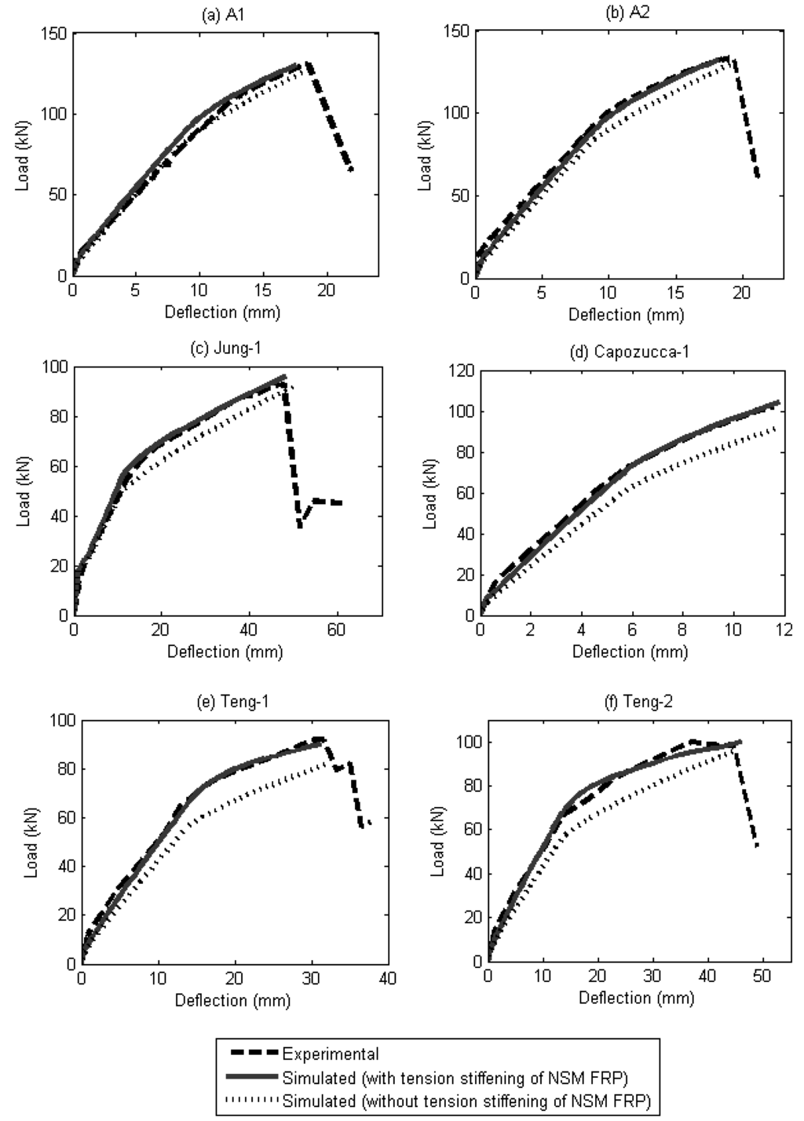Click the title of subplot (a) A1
[x=223, y=16]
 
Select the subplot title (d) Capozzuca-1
[x=629, y=352]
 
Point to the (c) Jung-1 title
[x=226, y=348]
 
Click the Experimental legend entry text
[x=331, y=1053]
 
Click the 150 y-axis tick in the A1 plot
[x=54, y=34]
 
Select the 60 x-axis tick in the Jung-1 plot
[x=336, y=630]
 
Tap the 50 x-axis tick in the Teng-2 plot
[x=762, y=976]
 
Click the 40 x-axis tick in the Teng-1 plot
[x=388, y=978]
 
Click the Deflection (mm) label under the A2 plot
[x=626, y=315]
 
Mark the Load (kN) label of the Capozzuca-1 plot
[x=429, y=494]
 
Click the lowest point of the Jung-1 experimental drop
[x=300, y=527]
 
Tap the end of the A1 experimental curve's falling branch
[x=352, y=170]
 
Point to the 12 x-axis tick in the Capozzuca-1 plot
[x=784, y=630]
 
